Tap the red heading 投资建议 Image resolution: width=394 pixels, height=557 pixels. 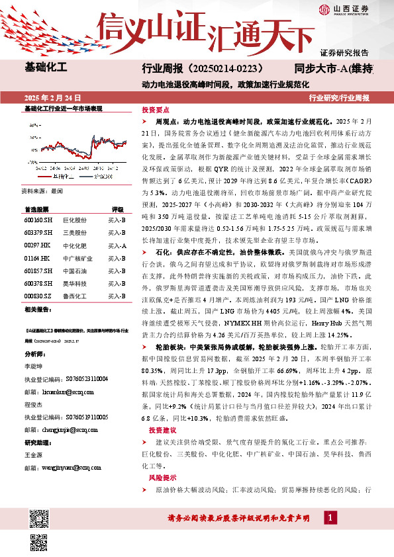tap(154, 430)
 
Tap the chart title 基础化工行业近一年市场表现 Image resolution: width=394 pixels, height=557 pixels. tap(63, 108)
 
